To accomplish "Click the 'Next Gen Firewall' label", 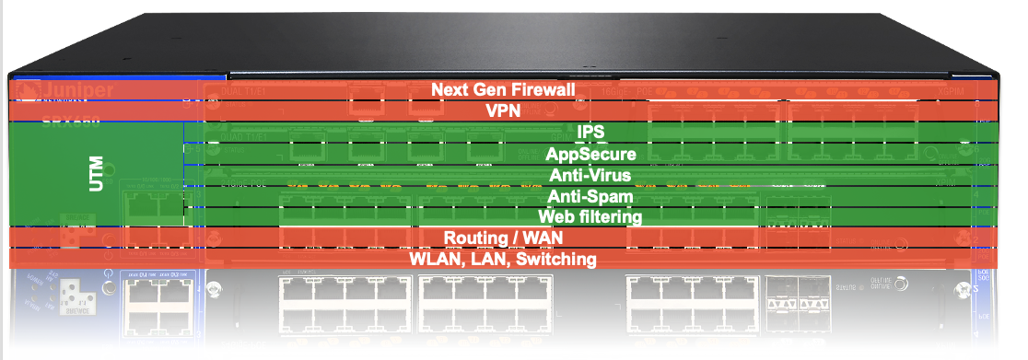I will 504,90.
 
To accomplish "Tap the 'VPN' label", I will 504,110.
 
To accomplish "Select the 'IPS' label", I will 590,133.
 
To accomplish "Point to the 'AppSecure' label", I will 590,154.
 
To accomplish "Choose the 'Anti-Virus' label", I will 590,175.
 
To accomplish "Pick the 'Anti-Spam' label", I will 590,196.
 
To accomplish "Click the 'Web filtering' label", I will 590,217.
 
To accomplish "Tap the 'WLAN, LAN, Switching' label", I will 504,260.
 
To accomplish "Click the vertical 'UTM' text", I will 95,175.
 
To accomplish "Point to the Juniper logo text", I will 73,90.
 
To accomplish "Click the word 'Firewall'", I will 544,90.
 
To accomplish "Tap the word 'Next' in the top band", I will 450,90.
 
